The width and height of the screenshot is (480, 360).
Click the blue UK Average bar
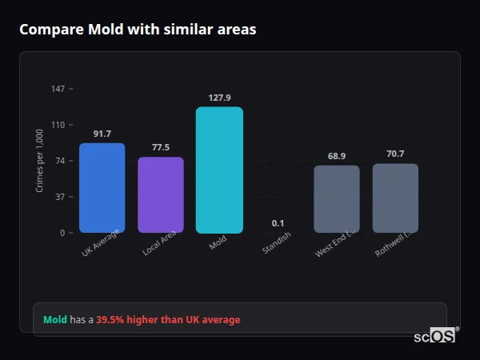coord(102,188)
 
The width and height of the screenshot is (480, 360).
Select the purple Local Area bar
coord(161,194)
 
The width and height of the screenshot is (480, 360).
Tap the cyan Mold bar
coord(219,170)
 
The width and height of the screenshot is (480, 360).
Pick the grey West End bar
coord(337,198)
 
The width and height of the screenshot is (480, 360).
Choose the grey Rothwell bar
coord(395,198)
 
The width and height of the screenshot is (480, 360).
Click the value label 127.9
coord(219,98)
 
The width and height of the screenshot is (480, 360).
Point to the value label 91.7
coord(102,134)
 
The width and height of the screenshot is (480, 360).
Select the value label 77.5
coord(161,147)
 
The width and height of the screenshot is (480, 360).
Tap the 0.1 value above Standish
coord(278,223)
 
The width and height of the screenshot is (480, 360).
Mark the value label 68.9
coord(337,156)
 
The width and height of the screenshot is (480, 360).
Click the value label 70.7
coord(395,154)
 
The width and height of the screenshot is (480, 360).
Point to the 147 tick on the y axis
coord(58,89)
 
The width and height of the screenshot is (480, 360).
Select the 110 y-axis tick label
coord(58,125)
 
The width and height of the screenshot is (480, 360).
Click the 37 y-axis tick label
coord(59,197)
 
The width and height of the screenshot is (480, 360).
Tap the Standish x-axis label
coord(277,243)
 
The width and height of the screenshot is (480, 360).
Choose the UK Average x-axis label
coord(101,243)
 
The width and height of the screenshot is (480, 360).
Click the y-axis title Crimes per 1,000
coord(40,161)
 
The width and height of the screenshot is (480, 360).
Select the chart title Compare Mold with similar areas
coord(138,30)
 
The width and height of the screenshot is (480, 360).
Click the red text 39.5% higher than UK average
coord(168,320)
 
